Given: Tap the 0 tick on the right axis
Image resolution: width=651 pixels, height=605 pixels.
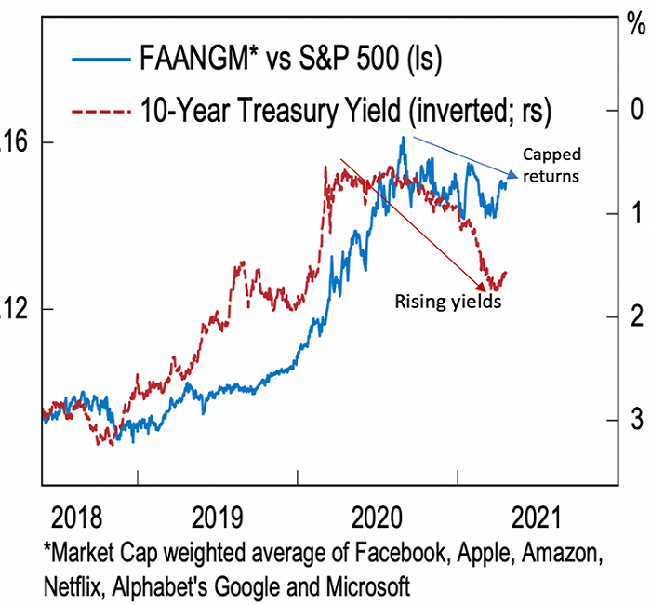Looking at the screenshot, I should [x=637, y=110].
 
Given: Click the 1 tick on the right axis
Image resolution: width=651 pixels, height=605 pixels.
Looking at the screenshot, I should [x=637, y=213].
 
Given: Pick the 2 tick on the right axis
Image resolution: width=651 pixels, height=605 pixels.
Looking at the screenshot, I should [x=637, y=317].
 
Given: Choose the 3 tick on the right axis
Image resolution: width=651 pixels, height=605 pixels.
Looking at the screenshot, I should [x=637, y=422].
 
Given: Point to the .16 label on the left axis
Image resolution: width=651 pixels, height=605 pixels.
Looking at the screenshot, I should [x=10, y=143].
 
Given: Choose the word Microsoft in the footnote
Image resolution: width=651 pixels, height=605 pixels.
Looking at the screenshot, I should [x=368, y=587].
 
